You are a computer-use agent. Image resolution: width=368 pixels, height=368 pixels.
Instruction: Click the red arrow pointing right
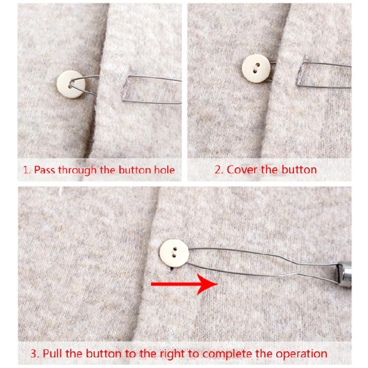(184, 284)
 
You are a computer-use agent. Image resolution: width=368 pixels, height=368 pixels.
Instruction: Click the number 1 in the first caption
(26, 170)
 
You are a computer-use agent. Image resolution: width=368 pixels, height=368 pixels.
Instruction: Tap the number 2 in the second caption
(217, 170)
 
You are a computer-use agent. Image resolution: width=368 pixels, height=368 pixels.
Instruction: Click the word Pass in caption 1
(45, 170)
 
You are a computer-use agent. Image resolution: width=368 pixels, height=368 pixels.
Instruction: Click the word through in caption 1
(78, 170)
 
